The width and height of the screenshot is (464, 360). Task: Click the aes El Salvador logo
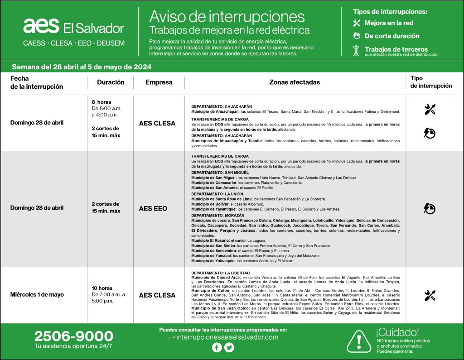tap(74, 27)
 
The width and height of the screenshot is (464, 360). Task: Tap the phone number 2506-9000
tap(74, 336)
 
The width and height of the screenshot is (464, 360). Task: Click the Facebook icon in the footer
tap(217, 347)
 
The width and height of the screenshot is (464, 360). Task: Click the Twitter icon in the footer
tap(229, 347)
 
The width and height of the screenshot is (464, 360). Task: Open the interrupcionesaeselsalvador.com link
tap(223, 337)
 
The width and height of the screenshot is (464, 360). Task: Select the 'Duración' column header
tap(111, 82)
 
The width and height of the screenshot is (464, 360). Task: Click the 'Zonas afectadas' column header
tap(295, 82)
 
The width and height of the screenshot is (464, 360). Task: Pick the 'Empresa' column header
tap(159, 82)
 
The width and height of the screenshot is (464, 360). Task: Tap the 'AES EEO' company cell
tap(153, 209)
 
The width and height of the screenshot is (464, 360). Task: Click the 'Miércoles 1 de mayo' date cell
tap(37, 295)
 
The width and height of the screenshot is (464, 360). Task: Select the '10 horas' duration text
tap(102, 288)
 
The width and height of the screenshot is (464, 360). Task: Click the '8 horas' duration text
tap(101, 102)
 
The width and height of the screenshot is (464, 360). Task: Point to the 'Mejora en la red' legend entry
tap(389, 23)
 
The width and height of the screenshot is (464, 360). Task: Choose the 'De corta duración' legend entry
tap(392, 36)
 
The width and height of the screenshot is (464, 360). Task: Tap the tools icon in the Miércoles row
tap(430, 295)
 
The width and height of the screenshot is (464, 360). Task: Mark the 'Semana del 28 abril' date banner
tap(82, 67)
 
